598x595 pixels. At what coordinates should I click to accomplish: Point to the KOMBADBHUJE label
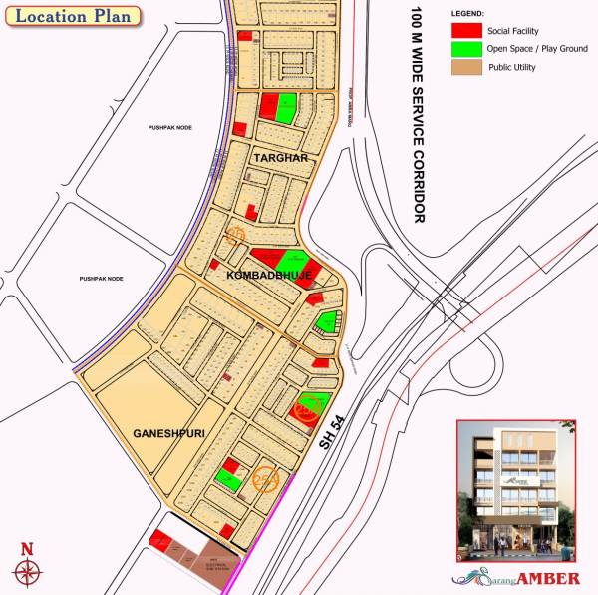tap(269, 274)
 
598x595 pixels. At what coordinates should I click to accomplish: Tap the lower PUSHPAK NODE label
tap(102, 278)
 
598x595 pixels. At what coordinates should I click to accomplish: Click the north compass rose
tap(28, 571)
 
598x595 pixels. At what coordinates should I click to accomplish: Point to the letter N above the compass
tap(27, 548)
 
